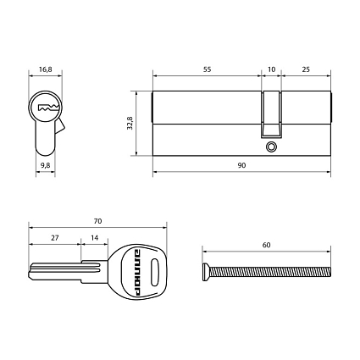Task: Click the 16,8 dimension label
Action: coord(46,69)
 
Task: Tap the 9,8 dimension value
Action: coord(45,165)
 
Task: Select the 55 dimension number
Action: coord(207,69)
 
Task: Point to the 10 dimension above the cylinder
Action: coord(271,69)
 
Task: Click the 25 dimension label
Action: coord(306,69)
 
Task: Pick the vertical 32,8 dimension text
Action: coord(130,123)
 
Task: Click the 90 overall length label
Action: coord(241,165)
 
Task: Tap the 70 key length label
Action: coord(97,221)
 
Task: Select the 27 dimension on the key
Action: coord(55,238)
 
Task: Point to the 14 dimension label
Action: coord(95,238)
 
